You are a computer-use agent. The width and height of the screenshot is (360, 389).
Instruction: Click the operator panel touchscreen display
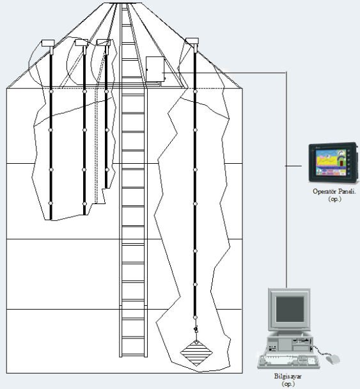point(331,163)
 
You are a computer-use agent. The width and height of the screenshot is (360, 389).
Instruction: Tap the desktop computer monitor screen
point(290,309)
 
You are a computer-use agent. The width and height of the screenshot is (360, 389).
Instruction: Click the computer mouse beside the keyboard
point(333,359)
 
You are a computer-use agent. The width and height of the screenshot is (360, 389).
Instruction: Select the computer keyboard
point(289,361)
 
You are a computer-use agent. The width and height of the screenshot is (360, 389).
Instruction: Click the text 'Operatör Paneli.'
point(334,191)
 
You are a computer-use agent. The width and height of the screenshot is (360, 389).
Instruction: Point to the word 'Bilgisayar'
point(288,376)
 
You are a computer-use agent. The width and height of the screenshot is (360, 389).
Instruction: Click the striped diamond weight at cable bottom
point(196,353)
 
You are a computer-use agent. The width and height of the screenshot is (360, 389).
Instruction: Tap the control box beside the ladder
point(155,69)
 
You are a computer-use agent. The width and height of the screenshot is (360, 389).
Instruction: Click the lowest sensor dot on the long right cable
point(195,317)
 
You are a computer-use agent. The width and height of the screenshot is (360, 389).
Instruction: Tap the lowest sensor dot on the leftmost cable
point(51,203)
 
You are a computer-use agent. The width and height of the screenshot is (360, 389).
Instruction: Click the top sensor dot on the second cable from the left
point(84,91)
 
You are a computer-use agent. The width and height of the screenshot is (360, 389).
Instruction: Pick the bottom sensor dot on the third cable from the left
point(107,170)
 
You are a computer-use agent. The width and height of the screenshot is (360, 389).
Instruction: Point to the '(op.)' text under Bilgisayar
point(288,384)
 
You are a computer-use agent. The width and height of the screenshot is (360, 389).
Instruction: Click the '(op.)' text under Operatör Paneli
point(334,199)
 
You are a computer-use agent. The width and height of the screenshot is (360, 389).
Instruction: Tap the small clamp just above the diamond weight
point(196,329)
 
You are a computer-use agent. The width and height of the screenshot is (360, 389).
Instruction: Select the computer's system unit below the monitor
point(289,344)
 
